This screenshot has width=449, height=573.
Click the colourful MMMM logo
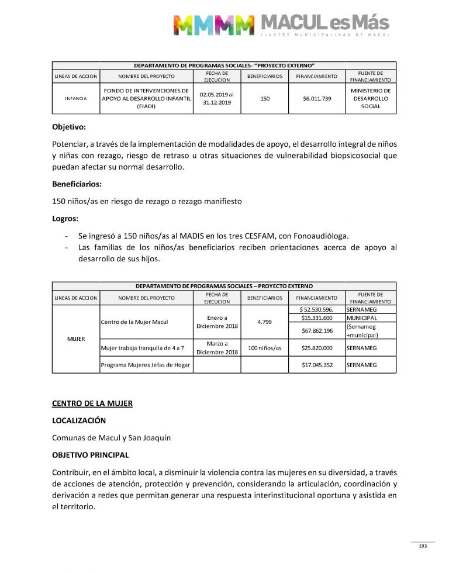coord(214,25)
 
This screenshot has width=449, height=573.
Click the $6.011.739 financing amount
coord(317,98)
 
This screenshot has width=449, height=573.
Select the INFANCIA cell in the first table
coord(75,98)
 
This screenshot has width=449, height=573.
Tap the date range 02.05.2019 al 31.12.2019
coord(216,98)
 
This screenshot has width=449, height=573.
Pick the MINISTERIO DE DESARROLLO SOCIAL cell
coord(371,98)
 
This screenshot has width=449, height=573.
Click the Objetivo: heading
coord(69,126)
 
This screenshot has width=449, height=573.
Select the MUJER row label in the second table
coord(76,339)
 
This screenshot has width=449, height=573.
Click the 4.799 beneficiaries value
coord(265,322)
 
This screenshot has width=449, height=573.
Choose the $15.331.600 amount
coord(317,318)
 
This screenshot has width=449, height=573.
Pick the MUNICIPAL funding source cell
coord(361,318)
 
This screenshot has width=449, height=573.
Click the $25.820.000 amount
coord(317,348)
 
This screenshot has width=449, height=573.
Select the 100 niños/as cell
coord(265,348)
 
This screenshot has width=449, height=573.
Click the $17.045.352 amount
coord(317,365)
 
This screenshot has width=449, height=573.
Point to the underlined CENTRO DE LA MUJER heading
coord(92,403)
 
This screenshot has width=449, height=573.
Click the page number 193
coord(423,546)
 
